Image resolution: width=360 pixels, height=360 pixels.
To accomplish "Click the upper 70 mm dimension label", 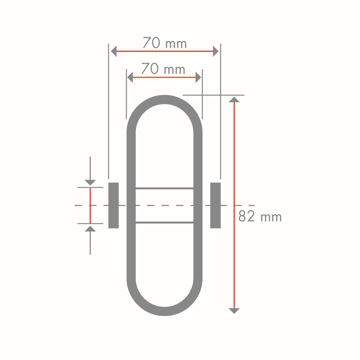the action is [165, 43].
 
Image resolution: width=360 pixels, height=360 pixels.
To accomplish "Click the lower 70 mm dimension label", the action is [163, 69].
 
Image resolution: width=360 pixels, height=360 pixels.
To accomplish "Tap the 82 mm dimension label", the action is [260, 216].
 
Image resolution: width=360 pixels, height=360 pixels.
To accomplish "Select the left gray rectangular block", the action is [114, 205].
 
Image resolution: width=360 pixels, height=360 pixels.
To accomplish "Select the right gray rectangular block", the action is [215, 205].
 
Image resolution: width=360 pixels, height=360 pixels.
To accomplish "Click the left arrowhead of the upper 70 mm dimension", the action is [114, 51].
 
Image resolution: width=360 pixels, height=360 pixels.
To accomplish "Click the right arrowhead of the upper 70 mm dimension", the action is [215, 51].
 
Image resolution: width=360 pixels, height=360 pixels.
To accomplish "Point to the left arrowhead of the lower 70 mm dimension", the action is [130, 77].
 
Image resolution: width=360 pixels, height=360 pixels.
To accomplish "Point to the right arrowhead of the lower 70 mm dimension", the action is [199, 77].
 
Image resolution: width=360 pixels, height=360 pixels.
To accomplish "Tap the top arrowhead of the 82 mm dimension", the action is [234, 99].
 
